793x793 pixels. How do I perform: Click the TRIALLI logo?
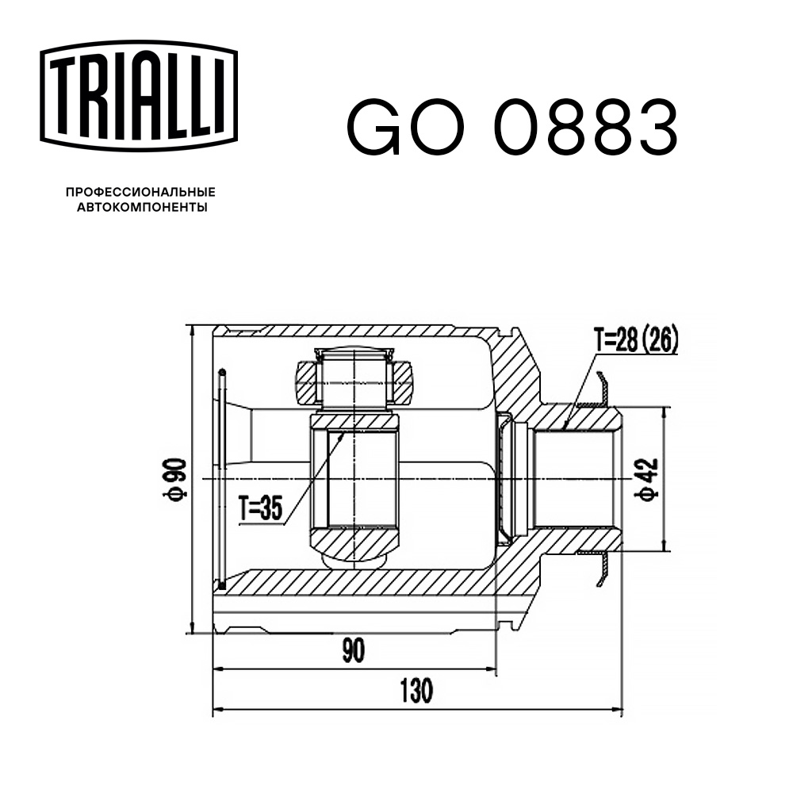point(139,96)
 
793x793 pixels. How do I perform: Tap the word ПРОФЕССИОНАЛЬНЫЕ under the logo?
point(140,192)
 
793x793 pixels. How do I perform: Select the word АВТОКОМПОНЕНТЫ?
point(142,207)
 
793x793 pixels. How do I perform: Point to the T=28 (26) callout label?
point(636,341)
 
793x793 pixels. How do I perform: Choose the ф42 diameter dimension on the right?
point(648,479)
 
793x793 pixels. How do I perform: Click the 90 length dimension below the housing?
point(353,650)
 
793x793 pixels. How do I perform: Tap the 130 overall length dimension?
point(417,691)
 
